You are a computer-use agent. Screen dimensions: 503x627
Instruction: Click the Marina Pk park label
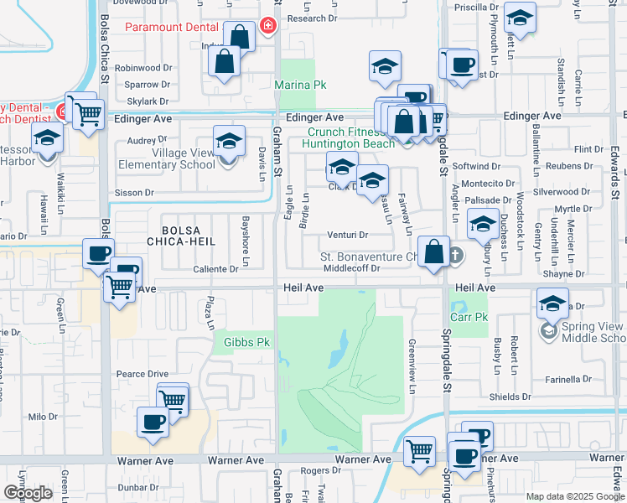[x=297, y=85]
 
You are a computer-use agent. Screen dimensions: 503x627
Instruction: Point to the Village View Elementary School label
[x=172, y=158]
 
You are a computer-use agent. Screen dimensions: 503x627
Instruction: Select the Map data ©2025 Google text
[x=575, y=496]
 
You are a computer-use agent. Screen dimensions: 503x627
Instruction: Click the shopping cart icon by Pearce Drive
[x=173, y=398]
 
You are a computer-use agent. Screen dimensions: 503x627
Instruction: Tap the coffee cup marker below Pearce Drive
[x=152, y=422]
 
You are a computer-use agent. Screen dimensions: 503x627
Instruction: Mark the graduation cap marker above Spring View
[x=552, y=303]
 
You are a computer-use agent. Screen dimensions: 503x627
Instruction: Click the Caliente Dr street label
[x=216, y=269]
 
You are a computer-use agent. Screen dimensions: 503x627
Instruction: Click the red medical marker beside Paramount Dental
[x=268, y=26]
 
